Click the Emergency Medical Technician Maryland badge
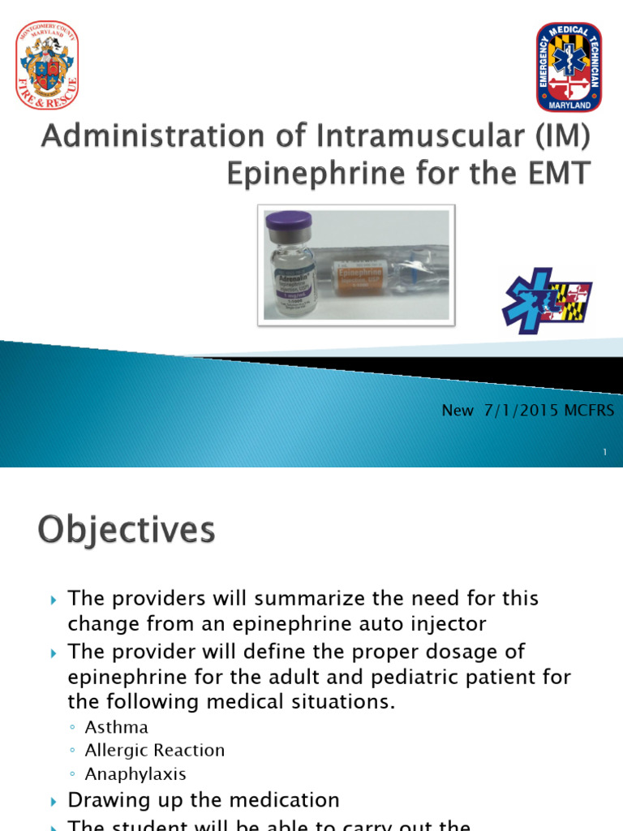569,67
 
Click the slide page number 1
605,453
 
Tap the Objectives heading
127,531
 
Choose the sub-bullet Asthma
117,727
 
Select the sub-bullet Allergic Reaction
154,751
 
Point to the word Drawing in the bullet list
105,800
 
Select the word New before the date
458,411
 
